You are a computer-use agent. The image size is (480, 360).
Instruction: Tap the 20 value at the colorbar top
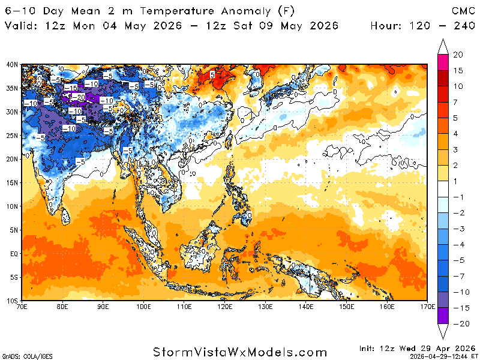coord(458,55)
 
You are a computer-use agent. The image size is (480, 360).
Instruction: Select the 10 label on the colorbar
coord(458,86)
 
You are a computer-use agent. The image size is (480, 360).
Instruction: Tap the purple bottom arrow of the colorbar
coord(443,331)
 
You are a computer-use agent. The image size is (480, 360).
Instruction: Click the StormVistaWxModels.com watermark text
coord(240,352)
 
